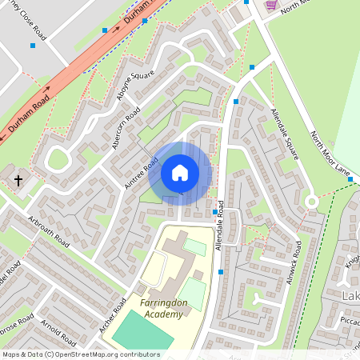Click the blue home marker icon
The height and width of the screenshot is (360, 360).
pyautogui.click(x=180, y=173)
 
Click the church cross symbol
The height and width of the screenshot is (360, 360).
pyautogui.click(x=18, y=182)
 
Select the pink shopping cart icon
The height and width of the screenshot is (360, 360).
pyautogui.click(x=271, y=4)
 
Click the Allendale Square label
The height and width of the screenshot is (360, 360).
pyautogui.click(x=285, y=134)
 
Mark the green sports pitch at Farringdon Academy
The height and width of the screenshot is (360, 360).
pyautogui.click(x=142, y=333)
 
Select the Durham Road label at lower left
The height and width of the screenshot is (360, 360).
pyautogui.click(x=29, y=114)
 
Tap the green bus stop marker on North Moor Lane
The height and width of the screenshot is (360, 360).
pyautogui.click(x=350, y=179)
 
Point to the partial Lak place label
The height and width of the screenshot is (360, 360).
pyautogui.click(x=351, y=298)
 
